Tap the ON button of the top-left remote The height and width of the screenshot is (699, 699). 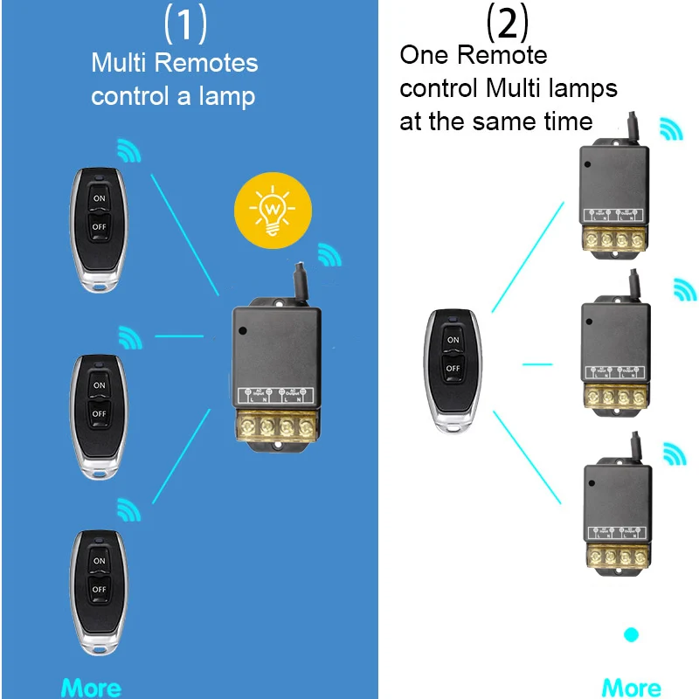click(98, 198)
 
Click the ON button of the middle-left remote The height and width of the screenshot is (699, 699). click(99, 384)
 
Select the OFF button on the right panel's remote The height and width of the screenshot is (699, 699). click(453, 369)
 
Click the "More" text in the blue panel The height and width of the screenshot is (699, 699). click(92, 688)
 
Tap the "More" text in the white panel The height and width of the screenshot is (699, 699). click(631, 688)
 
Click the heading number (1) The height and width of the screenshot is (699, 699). click(186, 24)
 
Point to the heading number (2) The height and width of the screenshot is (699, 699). click(508, 24)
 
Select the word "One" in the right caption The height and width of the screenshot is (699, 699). click(426, 55)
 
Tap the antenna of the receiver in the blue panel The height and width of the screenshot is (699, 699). click(300, 281)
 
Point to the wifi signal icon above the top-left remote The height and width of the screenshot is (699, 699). click(128, 150)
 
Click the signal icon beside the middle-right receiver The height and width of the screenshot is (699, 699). click(684, 291)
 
